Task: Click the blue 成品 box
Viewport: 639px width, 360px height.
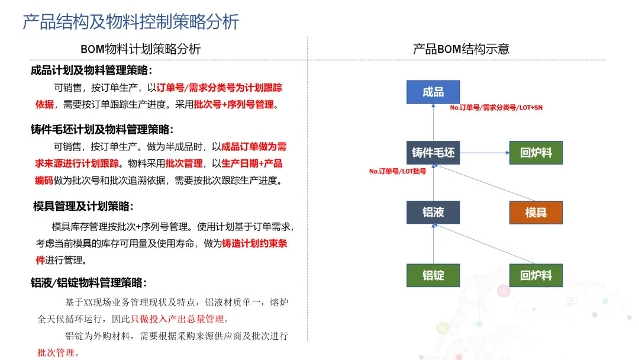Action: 433,92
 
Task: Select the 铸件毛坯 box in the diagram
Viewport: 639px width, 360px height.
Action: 433,153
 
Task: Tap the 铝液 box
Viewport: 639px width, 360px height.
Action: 433,212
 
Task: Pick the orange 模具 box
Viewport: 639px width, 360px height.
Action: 535,213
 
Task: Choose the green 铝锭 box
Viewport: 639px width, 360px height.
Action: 433,275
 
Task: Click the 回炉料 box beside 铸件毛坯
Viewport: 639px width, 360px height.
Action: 535,153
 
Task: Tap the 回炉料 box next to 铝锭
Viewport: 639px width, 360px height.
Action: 535,275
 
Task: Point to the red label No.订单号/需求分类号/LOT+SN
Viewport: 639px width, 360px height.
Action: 496,108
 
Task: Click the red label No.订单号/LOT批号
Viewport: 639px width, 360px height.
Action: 398,171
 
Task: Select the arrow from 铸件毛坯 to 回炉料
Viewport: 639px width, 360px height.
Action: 485,153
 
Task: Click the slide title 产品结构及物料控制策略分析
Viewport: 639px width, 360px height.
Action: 131,21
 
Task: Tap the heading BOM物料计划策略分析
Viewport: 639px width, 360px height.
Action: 141,49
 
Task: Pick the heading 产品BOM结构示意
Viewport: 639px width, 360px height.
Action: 461,49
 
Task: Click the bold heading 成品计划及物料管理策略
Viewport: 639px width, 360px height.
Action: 92,70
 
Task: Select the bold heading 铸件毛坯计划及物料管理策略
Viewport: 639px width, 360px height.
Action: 102,129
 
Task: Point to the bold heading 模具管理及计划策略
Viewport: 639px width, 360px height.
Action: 83,206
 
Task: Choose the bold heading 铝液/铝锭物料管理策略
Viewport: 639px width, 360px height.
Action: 89,282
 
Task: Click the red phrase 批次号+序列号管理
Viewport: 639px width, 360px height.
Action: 234,105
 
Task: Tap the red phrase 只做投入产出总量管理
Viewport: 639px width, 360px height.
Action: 177,319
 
